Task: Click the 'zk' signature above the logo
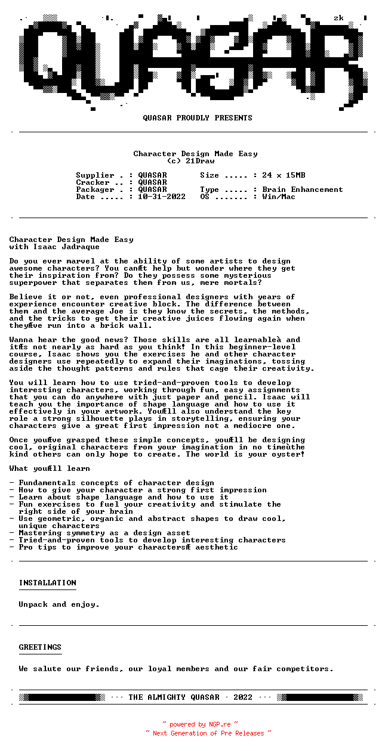338,18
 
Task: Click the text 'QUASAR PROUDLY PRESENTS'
198,118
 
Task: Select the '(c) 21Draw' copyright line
190,161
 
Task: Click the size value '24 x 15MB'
284,175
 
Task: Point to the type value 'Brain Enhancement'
303,190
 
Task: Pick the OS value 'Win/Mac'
279,197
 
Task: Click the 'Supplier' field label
95,175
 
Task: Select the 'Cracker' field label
93,182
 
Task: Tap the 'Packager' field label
95,190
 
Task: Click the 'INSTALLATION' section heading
47,583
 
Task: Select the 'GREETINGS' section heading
40,647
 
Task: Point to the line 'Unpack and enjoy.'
59,604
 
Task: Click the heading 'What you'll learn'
50,468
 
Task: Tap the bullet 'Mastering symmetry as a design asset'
104,533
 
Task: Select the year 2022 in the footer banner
243,697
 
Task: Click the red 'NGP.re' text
219,725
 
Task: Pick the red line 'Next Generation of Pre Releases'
208,733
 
